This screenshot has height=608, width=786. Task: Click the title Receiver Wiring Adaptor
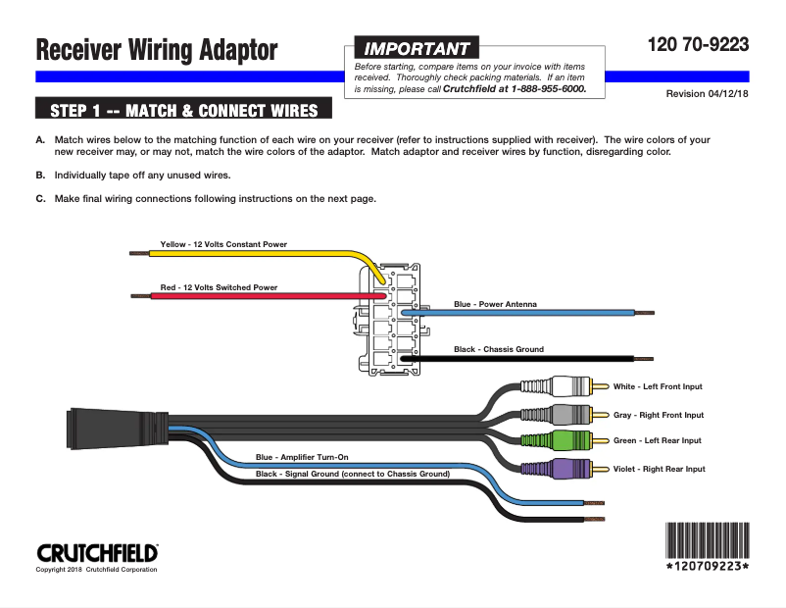157,50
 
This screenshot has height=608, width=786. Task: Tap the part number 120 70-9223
698,44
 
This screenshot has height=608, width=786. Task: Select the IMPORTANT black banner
416,48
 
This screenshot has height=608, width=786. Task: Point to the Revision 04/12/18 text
707,93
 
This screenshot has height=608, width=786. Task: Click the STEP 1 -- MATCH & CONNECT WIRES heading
183,109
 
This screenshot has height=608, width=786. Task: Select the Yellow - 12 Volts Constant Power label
223,244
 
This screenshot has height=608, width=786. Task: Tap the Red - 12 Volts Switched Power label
219,287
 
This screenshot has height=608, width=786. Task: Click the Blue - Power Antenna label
495,304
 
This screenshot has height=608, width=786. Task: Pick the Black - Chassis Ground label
498,349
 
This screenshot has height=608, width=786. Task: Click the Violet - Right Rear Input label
659,469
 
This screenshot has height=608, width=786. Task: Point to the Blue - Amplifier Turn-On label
302,457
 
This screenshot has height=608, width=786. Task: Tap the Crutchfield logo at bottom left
96,552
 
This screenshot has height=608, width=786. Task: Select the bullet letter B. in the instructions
40,175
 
